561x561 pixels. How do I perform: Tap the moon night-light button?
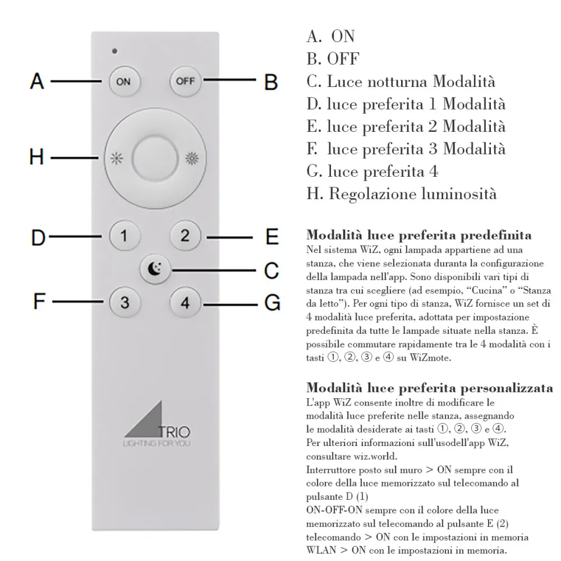(154, 270)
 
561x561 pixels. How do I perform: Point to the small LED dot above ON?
(114, 52)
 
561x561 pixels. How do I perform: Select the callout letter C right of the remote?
(272, 270)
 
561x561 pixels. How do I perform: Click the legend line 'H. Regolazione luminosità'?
(402, 194)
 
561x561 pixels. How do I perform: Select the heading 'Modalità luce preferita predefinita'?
(419, 234)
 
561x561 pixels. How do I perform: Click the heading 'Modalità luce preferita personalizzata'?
(430, 388)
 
